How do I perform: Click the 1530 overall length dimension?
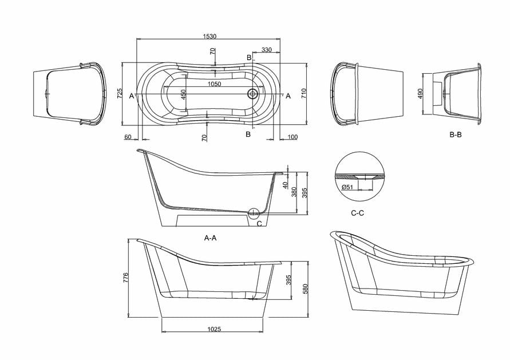tap(209, 35)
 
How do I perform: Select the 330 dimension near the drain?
tap(266, 50)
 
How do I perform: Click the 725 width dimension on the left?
tap(120, 94)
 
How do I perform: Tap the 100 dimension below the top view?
tap(293, 137)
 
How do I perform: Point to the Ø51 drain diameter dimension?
tap(347, 187)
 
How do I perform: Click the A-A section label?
tap(210, 238)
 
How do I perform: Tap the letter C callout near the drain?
tap(259, 224)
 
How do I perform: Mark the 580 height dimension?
tap(306, 288)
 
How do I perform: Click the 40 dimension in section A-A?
tap(284, 184)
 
